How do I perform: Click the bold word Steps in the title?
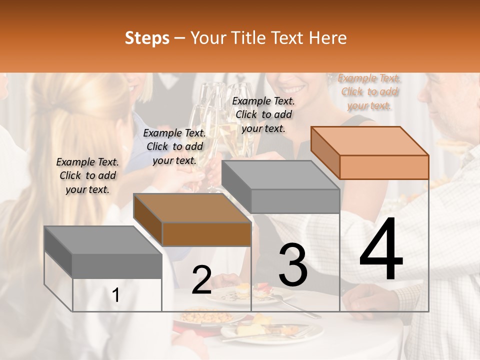(x=147, y=38)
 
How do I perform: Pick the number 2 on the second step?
(x=201, y=280)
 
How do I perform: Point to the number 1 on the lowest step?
(x=116, y=295)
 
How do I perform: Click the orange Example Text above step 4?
(x=369, y=91)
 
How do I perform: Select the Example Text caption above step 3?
(x=263, y=114)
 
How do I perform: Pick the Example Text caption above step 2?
(x=174, y=146)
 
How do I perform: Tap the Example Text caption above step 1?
(x=87, y=175)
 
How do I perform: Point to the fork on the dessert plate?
(x=300, y=306)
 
